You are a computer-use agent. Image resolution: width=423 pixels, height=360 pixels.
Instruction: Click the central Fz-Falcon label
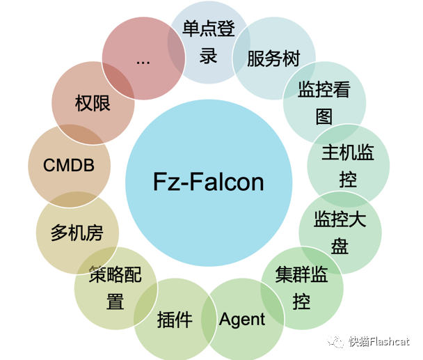click(x=209, y=182)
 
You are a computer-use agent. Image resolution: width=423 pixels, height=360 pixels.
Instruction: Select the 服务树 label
click(x=273, y=58)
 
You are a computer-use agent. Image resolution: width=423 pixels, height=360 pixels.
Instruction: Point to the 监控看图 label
click(x=324, y=102)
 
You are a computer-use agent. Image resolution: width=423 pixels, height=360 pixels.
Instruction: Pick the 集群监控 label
click(x=301, y=288)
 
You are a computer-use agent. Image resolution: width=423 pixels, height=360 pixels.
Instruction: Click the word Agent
click(x=242, y=320)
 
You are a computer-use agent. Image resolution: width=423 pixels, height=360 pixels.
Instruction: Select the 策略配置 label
click(x=115, y=288)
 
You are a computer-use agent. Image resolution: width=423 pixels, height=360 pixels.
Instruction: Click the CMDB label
click(x=68, y=166)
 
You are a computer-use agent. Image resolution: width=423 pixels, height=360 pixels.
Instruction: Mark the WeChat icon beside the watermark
click(x=337, y=341)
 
